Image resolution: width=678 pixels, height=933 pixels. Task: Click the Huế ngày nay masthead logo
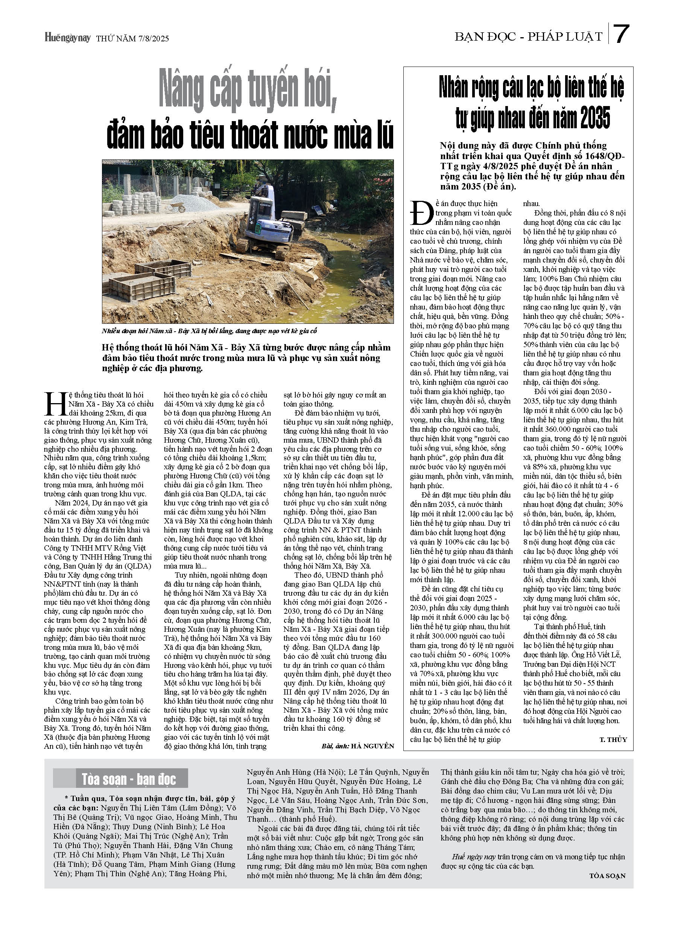67,38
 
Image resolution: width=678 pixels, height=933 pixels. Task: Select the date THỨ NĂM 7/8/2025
132,39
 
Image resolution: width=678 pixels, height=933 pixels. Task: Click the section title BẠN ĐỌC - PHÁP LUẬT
528,37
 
